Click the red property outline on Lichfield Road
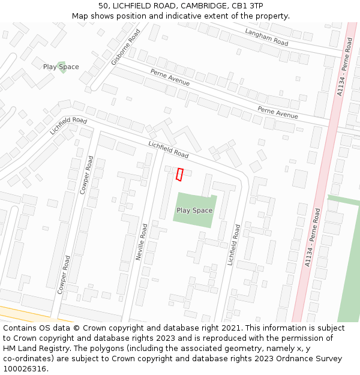(179, 174)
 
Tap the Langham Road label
(266, 37)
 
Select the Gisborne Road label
(125, 47)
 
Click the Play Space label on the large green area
(194, 211)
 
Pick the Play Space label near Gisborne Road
(61, 67)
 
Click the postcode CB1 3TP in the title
(247, 5)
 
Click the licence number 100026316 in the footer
(23, 369)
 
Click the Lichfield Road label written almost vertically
(234, 244)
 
